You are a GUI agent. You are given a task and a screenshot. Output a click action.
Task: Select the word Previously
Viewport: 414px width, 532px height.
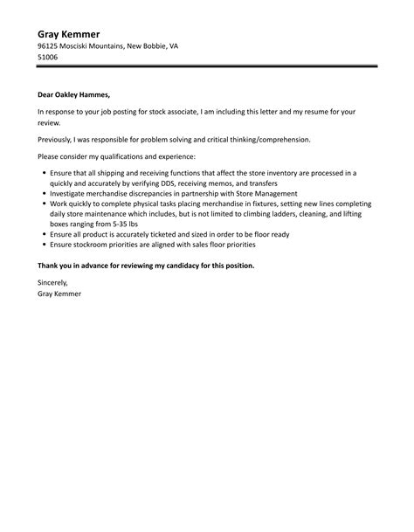[x=59, y=139]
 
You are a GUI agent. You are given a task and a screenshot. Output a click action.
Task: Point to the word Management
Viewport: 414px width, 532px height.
[x=275, y=193]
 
